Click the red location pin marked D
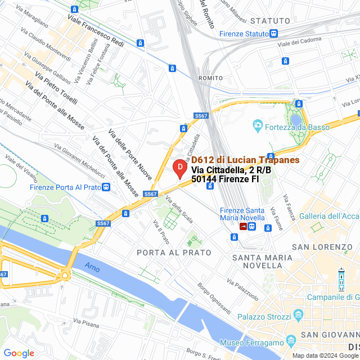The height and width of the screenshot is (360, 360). tap(179, 169)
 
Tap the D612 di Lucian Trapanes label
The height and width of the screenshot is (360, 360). tap(245, 160)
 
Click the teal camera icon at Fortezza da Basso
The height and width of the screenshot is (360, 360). tap(258, 125)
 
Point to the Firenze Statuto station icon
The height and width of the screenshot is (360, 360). tap(273, 34)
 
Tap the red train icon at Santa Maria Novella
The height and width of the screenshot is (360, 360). tap(243, 226)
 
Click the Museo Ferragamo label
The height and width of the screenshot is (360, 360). tap(251, 343)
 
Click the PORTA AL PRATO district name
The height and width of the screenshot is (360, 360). tap(166, 253)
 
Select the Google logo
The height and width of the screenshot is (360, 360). tap(19, 353)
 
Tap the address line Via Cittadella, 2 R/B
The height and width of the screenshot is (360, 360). tap(225, 170)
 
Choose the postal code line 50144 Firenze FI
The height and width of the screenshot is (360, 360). tap(225, 179)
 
